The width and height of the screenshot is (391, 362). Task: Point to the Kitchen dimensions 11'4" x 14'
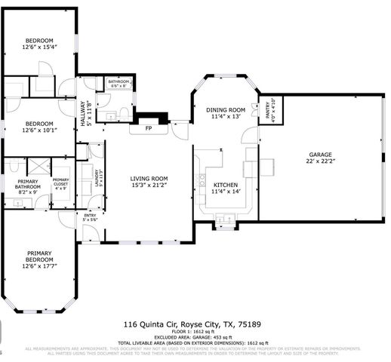pos(226,192)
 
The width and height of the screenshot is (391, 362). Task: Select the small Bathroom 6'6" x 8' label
pos(119,83)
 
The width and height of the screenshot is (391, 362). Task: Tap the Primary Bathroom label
pos(22,187)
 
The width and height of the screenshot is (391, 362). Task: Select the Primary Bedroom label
pos(39,259)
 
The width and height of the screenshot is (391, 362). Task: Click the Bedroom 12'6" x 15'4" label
pos(39,43)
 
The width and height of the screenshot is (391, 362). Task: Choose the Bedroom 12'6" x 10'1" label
pos(39,126)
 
